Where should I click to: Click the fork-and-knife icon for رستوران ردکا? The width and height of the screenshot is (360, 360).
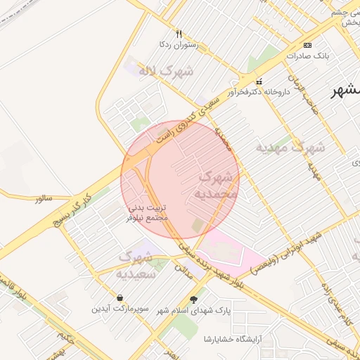(179, 33)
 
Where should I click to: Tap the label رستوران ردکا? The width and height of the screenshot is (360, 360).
(179, 44)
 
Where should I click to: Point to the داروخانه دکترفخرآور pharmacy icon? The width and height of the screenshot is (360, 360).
(259, 81)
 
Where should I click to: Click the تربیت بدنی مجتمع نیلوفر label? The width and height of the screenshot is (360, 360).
(148, 214)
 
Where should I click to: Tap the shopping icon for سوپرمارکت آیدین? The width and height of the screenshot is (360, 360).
(121, 297)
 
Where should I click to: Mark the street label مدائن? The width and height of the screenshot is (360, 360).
(182, 269)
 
